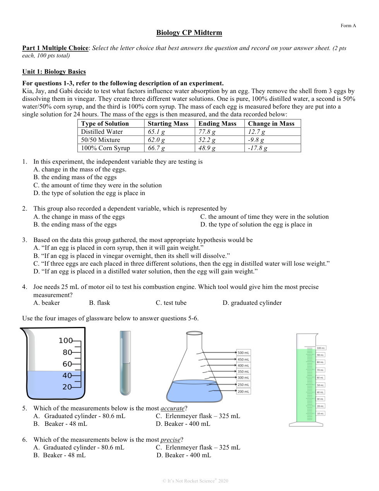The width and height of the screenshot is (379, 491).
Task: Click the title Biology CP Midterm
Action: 189,33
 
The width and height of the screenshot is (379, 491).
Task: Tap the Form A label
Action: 348,26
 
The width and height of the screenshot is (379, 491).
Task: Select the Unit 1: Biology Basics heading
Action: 54,72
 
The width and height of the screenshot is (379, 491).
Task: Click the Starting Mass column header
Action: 168,124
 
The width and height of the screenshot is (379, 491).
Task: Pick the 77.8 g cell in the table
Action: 207,132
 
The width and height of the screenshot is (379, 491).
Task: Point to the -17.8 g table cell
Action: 257,148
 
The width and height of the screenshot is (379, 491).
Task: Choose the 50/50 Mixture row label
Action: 100,140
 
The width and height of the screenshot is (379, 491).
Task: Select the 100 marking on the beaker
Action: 65,341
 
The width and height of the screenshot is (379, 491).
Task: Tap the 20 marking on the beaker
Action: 67,387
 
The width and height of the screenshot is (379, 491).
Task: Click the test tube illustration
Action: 125,363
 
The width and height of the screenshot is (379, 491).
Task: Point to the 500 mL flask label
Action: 244,353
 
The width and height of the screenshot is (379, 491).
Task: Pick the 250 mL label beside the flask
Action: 244,385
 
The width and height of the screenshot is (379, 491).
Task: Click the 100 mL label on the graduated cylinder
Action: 321,348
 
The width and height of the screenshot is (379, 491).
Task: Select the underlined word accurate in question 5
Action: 172,408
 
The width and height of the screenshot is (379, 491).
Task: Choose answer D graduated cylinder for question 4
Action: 252,303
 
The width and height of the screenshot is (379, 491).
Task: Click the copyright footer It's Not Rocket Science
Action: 195,481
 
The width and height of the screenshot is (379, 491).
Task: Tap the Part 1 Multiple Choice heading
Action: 55,48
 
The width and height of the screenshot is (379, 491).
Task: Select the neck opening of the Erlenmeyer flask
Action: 194,333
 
